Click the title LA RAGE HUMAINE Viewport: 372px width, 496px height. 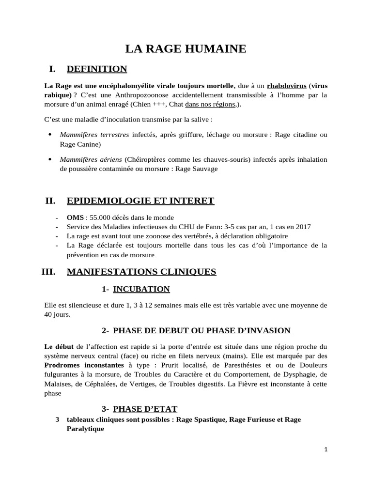pyautogui.click(x=186, y=48)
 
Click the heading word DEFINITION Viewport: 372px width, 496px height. pyautogui.click(x=97, y=69)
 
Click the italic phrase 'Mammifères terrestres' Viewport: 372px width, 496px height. pyautogui.click(x=94, y=135)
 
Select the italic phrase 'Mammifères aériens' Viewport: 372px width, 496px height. pyautogui.click(x=90, y=159)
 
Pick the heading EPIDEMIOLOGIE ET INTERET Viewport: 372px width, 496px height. pyautogui.click(x=140, y=201)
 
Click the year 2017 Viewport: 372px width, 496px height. pyautogui.click(x=302, y=227)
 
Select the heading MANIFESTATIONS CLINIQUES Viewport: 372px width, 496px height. pyautogui.click(x=141, y=272)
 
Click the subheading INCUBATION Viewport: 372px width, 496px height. pyautogui.click(x=141, y=289)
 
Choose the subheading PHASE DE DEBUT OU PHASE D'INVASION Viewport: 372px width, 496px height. pyautogui.click(x=201, y=331)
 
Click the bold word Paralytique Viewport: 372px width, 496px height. pyautogui.click(x=85, y=429)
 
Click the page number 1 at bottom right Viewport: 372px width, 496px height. pyautogui.click(x=326, y=449)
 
